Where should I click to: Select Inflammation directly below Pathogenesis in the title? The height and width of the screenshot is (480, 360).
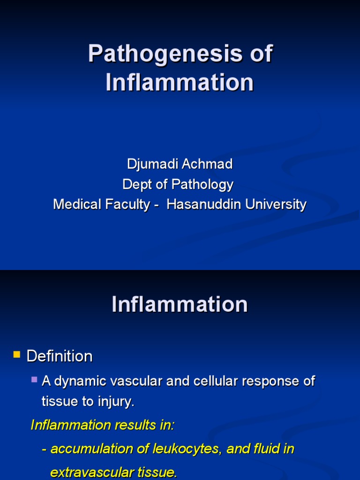[x=180, y=83]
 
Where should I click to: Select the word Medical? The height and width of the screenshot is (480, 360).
[x=75, y=205]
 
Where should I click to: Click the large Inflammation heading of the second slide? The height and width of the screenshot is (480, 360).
[x=180, y=305]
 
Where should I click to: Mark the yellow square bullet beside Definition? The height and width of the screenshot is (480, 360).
[x=17, y=355]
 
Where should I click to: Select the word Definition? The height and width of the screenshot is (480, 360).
[x=60, y=356]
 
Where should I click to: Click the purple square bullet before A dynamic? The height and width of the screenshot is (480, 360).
[x=35, y=379]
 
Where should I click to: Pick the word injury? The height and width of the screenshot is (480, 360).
[x=120, y=402]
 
